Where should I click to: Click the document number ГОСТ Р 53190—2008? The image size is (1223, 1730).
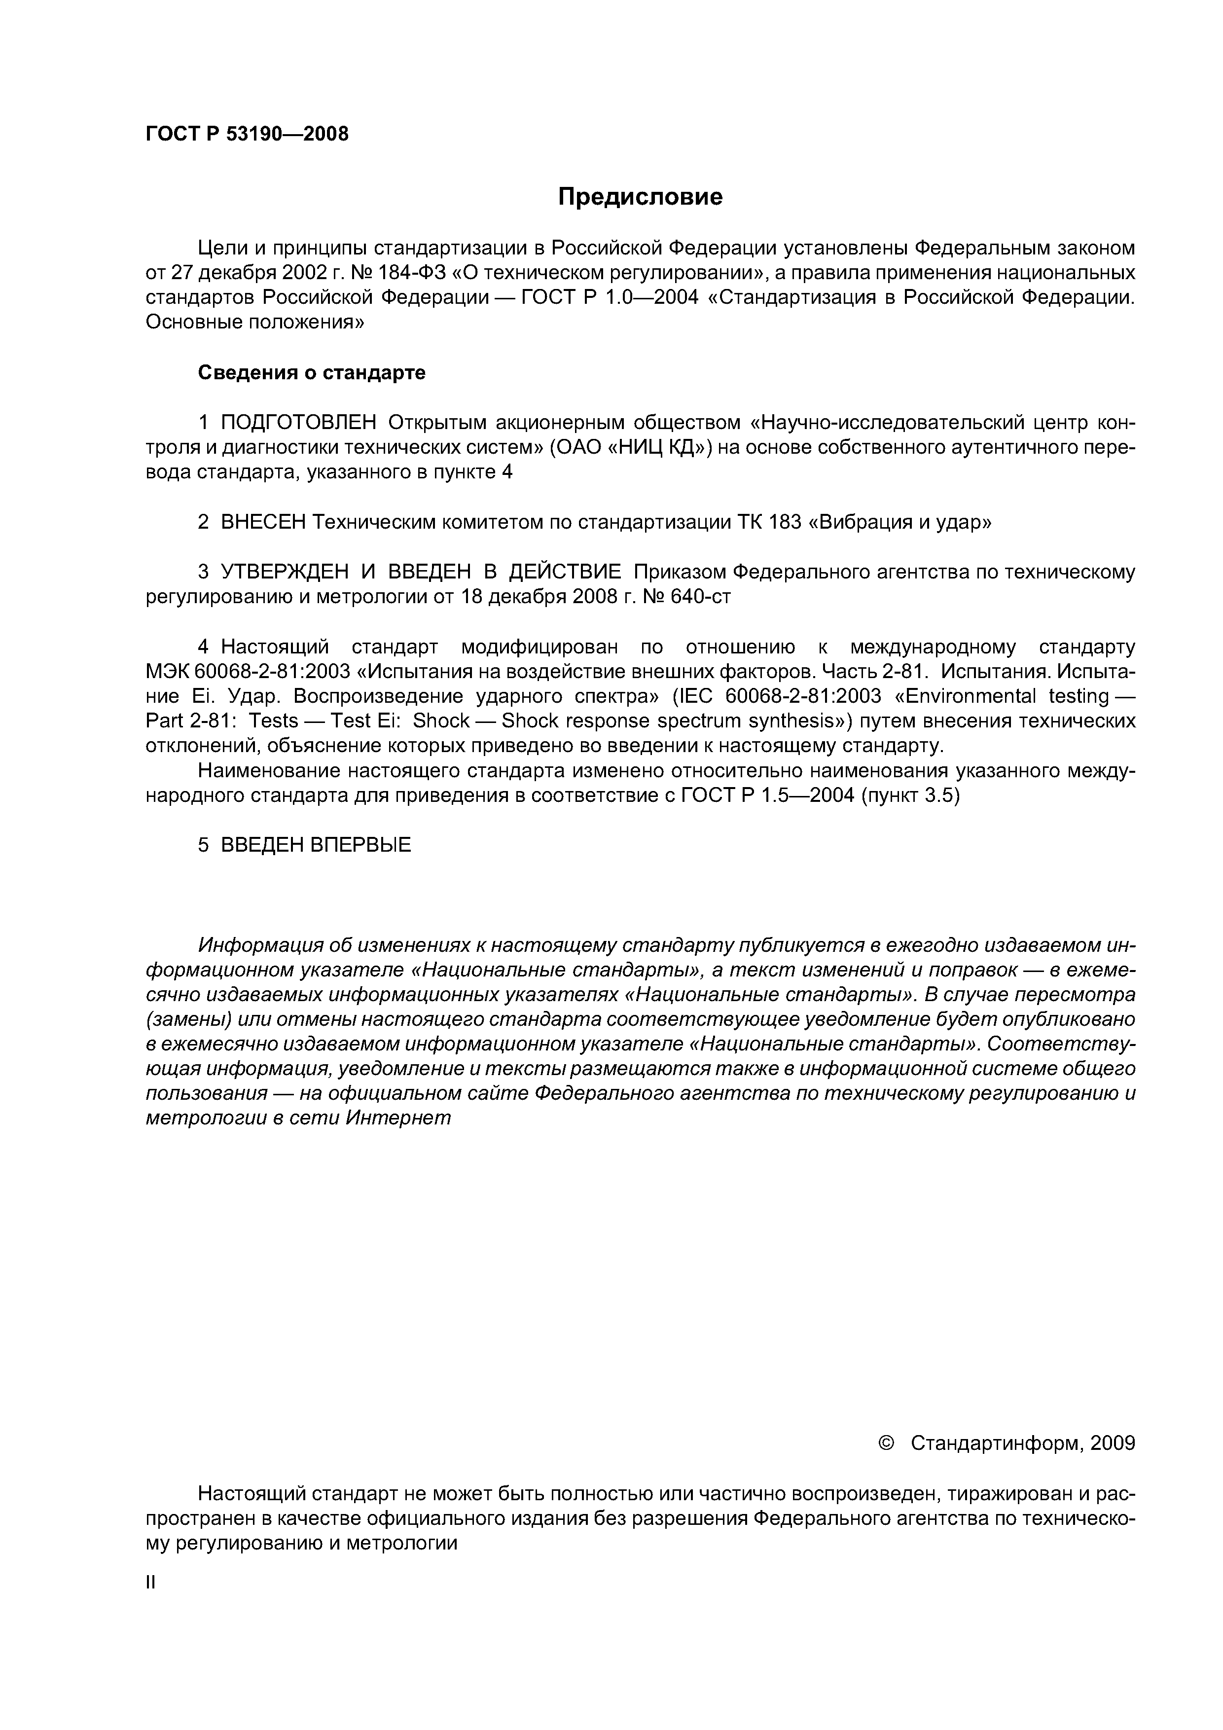pyautogui.click(x=247, y=134)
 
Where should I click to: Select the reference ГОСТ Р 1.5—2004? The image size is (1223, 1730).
pyautogui.click(x=767, y=795)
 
